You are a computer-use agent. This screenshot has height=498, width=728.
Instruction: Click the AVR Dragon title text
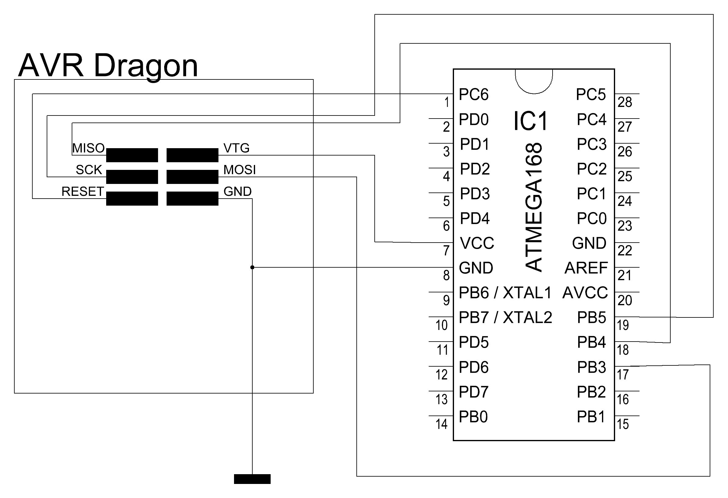(x=108, y=66)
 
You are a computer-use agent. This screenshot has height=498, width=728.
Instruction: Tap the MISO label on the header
(x=88, y=148)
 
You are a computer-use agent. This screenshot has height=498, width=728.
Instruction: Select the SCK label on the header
(x=89, y=170)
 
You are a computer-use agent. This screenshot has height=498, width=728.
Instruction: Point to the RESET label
(x=83, y=192)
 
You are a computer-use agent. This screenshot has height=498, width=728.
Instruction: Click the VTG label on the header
(x=236, y=148)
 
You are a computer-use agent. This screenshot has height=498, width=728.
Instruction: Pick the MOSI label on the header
(x=240, y=170)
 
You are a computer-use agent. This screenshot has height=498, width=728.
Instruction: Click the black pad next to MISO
(x=132, y=155)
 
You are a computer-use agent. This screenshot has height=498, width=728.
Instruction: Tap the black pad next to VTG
(x=192, y=155)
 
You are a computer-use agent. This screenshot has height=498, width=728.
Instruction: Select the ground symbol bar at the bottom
(x=252, y=479)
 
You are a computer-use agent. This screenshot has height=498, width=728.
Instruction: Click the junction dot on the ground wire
(x=252, y=268)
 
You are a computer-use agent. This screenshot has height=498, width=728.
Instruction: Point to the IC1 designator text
(x=530, y=121)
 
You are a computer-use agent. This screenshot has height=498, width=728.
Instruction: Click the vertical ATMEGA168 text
(x=533, y=207)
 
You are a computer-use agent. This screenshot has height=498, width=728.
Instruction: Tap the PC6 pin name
(x=474, y=94)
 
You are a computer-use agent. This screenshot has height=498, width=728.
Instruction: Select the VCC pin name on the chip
(x=477, y=243)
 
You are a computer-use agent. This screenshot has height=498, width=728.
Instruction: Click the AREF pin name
(x=586, y=268)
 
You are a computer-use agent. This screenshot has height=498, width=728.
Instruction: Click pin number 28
(x=625, y=102)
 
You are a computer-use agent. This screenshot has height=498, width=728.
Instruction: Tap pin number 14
(x=441, y=424)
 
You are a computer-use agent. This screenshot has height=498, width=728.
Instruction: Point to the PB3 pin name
(x=591, y=367)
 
